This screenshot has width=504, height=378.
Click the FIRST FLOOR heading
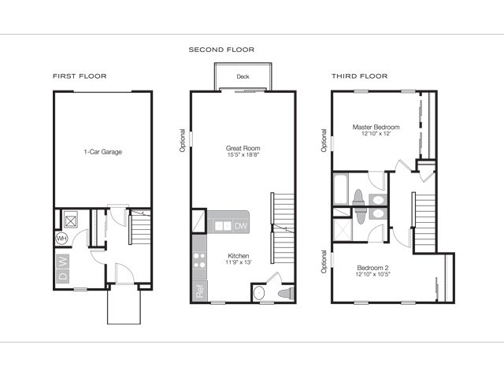80,76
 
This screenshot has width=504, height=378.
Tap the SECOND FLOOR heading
221,50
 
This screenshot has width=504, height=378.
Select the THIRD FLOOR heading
360,76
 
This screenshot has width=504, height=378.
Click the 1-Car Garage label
103,152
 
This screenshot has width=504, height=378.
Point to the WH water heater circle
61,239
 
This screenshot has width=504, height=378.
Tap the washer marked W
63,261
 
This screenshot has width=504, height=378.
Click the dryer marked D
63,276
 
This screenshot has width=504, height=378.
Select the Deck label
243,76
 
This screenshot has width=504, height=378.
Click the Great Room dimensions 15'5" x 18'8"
243,154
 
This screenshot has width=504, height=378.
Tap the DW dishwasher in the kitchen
241,226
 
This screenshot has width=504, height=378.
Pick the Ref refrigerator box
199,291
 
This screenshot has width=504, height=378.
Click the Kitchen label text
239,256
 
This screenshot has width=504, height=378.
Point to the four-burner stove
199,261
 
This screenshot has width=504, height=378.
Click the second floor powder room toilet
286,293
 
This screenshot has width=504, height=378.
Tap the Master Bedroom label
376,127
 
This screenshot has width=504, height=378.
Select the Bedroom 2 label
372,268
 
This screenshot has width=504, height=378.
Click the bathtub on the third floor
340,189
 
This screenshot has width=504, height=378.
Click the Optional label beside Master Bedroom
324,140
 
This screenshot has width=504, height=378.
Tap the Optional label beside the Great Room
182,140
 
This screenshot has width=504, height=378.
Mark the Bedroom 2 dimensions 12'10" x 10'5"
372,274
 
